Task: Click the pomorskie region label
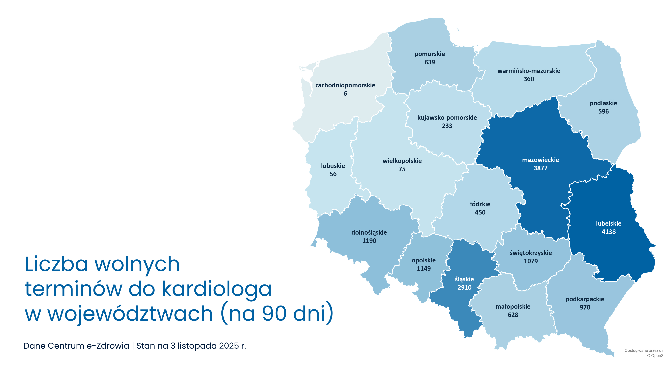(430, 54)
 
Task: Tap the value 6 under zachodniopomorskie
(345, 94)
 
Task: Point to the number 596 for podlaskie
(603, 111)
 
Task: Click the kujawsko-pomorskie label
(447, 118)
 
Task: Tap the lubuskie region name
(333, 166)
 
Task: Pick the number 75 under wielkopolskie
(402, 169)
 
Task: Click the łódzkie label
(480, 204)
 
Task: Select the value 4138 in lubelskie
(608, 232)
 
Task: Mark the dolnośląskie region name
(369, 232)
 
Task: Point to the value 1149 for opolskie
(424, 269)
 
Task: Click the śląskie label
(464, 279)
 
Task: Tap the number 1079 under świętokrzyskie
(531, 261)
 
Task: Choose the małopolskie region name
(513, 307)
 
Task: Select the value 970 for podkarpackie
(585, 307)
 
